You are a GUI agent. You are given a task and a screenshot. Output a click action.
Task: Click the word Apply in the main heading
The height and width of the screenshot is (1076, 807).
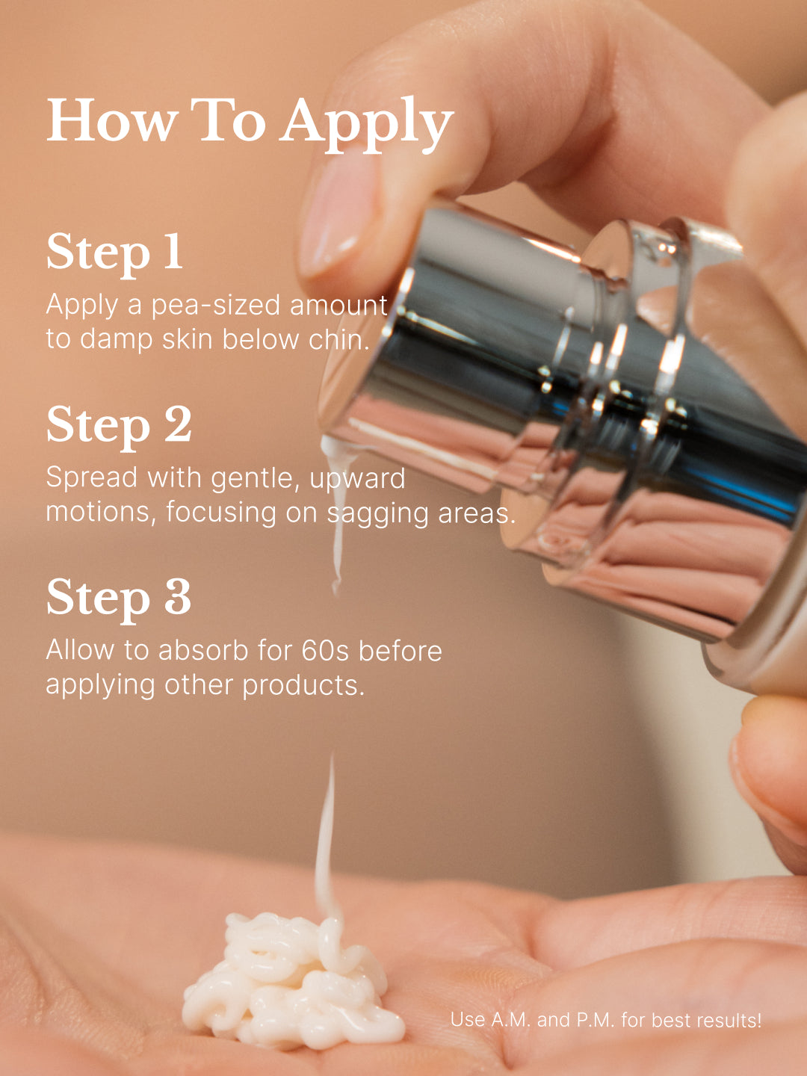pos(366,123)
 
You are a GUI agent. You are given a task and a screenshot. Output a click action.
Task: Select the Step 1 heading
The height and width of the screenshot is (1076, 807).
pos(114,253)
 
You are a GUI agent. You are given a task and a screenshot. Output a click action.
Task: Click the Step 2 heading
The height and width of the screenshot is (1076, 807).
pos(119,426)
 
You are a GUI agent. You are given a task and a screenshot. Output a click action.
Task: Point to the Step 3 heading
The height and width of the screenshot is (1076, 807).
pos(119,599)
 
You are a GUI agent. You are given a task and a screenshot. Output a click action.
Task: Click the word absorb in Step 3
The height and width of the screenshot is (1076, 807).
pos(203,651)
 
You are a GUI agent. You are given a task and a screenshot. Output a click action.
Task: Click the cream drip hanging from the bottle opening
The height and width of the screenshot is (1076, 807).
pos(338,510)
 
